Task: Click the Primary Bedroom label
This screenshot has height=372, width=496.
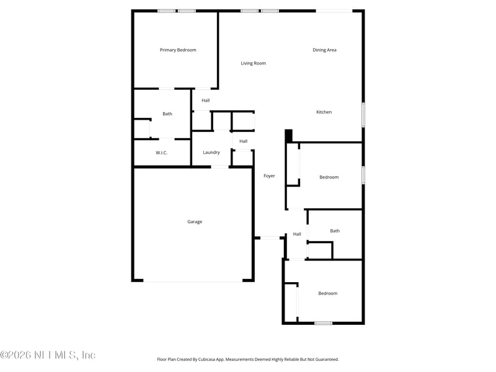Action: coord(178,50)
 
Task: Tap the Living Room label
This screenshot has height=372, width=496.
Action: coord(253,63)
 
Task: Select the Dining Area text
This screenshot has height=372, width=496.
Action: coord(324,50)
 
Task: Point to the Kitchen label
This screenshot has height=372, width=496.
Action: coord(324,112)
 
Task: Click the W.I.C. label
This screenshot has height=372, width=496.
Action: coord(161,153)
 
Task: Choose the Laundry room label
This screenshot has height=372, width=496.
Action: coord(211,153)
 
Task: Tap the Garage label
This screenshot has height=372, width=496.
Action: coord(195,222)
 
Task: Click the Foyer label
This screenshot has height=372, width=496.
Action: coord(269,176)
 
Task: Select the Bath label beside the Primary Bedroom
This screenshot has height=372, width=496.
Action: coord(167,114)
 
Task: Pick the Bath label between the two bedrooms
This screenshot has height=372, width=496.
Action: coord(335,231)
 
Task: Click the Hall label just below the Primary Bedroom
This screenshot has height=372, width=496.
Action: coord(205,100)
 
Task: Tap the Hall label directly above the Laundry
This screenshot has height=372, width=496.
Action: coord(243,141)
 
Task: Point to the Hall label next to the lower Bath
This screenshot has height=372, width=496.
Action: coord(297,234)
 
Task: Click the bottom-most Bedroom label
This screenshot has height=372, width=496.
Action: coord(328,293)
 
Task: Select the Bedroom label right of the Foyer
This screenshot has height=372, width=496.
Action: coord(329,177)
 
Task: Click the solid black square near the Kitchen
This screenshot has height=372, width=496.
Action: coord(288,135)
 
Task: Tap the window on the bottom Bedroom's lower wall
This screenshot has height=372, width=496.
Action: coord(323,323)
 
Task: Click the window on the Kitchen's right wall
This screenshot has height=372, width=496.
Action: coord(363,115)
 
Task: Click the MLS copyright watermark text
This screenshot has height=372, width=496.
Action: coord(48,355)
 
